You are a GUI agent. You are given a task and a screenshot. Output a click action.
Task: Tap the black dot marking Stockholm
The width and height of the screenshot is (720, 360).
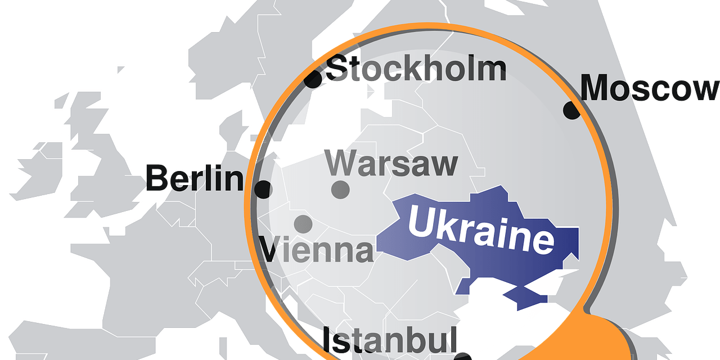[313, 79]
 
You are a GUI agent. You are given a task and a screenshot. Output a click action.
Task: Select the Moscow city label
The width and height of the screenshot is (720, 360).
[650, 89]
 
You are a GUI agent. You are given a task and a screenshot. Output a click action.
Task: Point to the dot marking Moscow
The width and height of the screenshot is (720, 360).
[572, 110]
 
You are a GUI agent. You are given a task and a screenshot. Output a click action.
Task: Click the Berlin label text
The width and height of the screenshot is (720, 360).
[195, 179]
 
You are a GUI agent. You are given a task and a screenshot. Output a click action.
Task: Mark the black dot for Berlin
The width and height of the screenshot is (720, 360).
[263, 189]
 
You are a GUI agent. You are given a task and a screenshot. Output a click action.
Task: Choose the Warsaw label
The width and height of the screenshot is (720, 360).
[391, 164]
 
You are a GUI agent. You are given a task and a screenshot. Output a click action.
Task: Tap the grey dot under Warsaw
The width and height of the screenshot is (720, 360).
[340, 190]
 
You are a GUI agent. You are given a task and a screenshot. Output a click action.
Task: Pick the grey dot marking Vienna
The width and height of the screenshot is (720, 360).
[303, 223]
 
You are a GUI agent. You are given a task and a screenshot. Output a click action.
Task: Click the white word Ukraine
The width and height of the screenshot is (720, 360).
[481, 229]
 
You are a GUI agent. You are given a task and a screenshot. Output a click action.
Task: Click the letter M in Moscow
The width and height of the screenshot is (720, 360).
[596, 89]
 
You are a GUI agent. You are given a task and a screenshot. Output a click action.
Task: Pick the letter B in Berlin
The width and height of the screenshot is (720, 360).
[159, 179]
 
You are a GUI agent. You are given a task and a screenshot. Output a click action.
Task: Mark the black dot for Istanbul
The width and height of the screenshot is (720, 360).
[462, 357]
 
